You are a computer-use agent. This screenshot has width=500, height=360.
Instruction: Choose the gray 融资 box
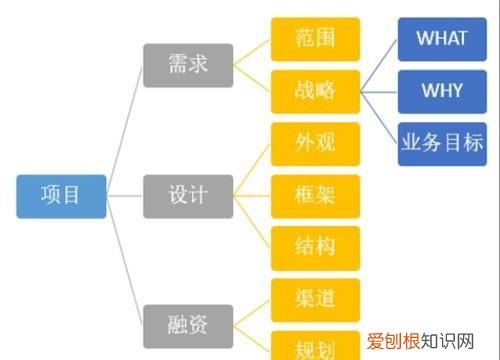[188, 324]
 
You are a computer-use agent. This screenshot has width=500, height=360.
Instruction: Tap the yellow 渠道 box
[316, 298]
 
